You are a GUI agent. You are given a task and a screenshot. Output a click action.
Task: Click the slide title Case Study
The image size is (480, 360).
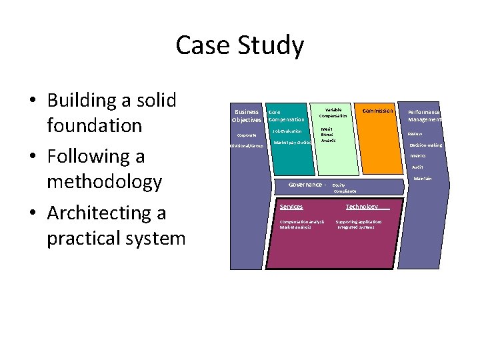pyautogui.click(x=239, y=45)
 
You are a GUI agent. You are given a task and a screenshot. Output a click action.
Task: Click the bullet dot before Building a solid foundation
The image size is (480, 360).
pyautogui.click(x=32, y=101)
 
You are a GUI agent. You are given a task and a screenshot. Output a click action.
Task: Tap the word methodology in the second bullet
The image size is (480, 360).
pyautogui.click(x=104, y=181)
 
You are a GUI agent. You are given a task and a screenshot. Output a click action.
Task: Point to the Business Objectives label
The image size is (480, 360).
pyautogui.click(x=246, y=115)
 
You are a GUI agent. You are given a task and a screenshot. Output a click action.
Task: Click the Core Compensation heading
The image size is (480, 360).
pyautogui.click(x=285, y=115)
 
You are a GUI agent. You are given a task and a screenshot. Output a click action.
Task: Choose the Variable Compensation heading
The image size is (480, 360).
pyautogui.click(x=333, y=113)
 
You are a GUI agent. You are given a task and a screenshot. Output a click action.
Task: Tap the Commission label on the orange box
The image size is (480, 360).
pyautogui.click(x=377, y=111)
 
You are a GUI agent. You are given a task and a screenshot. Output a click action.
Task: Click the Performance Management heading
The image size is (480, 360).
pyautogui.click(x=424, y=115)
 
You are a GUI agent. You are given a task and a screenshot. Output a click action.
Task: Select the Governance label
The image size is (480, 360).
pyautogui.click(x=305, y=185)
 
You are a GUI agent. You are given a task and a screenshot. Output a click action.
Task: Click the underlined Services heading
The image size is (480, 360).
pyautogui.click(x=291, y=207)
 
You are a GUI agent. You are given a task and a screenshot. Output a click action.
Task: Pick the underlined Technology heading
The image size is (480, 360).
pyautogui.click(x=362, y=207)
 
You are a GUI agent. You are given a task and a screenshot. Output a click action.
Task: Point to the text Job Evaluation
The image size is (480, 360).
pyautogui.click(x=287, y=131)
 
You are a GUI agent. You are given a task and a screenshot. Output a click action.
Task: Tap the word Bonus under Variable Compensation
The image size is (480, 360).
pyautogui.click(x=327, y=135)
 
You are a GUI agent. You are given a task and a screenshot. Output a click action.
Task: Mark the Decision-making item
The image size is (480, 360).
pyautogui.click(x=425, y=145)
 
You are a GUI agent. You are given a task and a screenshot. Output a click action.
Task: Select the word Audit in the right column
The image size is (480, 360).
pyautogui.click(x=417, y=167)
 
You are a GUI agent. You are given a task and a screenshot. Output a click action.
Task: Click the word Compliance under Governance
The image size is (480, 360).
pyautogui.click(x=345, y=191)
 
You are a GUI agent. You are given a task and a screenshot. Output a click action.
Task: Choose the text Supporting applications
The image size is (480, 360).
pyautogui.click(x=359, y=221)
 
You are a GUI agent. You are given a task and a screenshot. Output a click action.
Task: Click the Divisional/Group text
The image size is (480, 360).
pyautogui.click(x=247, y=145)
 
